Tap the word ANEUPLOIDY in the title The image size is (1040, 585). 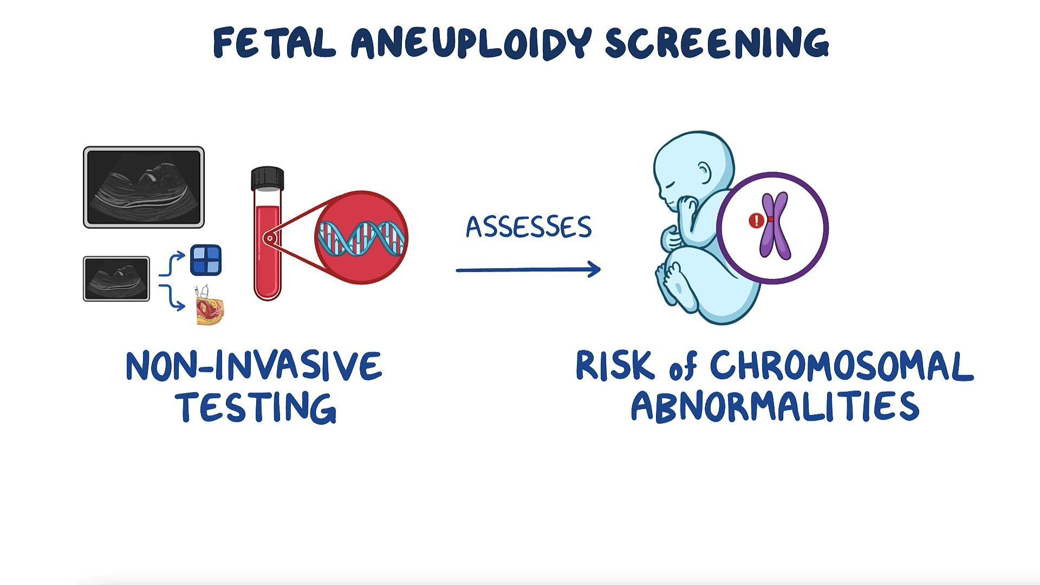click(470, 43)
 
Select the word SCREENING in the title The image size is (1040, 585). click(717, 43)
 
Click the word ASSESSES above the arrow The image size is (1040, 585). click(529, 227)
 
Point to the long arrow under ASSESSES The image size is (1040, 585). click(528, 269)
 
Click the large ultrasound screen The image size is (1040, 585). click(144, 187)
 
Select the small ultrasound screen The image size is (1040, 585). click(116, 278)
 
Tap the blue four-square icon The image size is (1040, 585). click(206, 260)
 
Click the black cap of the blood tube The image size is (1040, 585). click(268, 178)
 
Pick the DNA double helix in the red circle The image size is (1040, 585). click(361, 238)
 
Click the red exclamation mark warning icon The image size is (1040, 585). click(756, 220)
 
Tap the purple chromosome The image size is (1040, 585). click(775, 226)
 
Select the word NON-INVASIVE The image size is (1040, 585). click(253, 366)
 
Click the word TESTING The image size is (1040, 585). click(256, 407)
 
